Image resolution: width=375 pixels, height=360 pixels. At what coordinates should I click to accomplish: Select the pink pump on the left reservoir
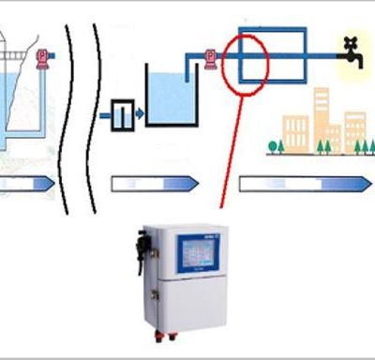pos(40,58)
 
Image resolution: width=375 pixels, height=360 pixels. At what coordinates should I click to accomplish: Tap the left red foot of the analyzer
pos(158,332)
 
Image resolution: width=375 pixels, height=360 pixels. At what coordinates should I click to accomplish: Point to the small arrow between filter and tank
pos(139,113)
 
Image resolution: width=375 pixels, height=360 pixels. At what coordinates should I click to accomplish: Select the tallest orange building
pos(321,117)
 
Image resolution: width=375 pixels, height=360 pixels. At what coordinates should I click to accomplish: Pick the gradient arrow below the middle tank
pos(155,183)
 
